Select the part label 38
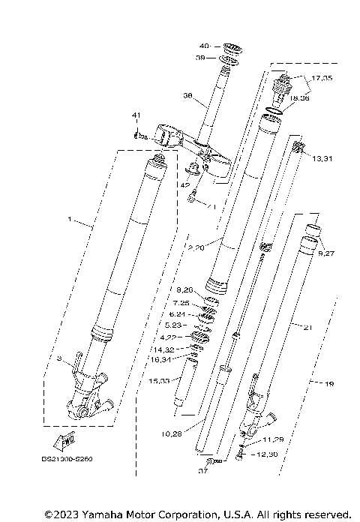click(187, 96)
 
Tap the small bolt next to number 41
click(140, 136)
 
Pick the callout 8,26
click(184, 289)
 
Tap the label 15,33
click(159, 380)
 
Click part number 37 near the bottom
click(202, 472)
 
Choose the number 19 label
click(329, 384)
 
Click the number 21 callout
click(307, 326)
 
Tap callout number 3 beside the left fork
click(58, 360)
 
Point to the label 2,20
click(196, 247)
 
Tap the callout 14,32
click(164, 349)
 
